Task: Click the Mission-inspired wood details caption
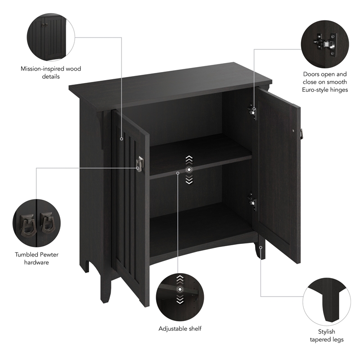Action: click(x=51, y=72)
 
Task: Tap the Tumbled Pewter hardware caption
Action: click(x=36, y=258)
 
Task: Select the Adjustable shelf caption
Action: click(x=180, y=328)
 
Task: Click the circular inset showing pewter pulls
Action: click(x=36, y=223)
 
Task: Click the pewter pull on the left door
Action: click(x=139, y=164)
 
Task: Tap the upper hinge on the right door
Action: click(x=252, y=112)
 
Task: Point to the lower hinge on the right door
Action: click(x=252, y=202)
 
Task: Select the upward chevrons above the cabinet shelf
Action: click(x=189, y=159)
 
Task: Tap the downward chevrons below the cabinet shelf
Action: click(x=189, y=180)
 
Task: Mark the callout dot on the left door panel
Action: click(x=121, y=139)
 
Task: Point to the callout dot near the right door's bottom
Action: click(x=261, y=247)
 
